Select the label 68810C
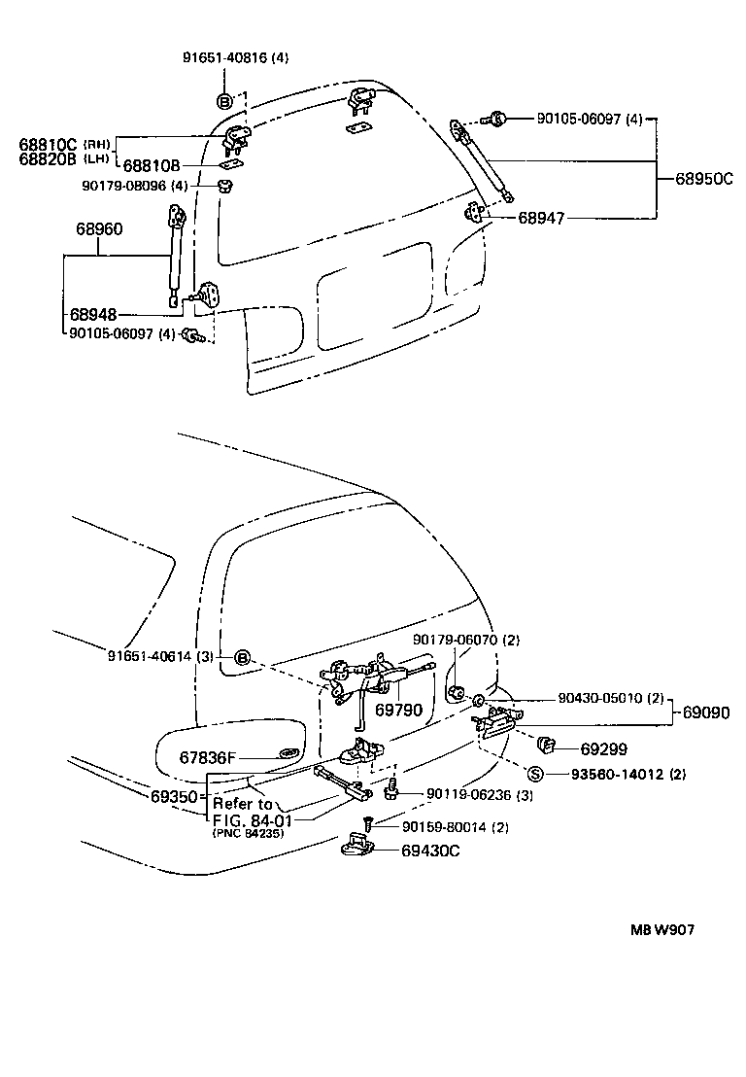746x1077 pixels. pos(47,145)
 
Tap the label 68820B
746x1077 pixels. pos(47,159)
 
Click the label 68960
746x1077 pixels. pos(99,230)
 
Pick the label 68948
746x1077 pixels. pos(93,315)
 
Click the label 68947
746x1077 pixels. pos(541,220)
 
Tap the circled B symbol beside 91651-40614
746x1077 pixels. pos(244,658)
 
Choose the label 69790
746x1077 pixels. pos(398,711)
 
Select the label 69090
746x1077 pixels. pos(706,712)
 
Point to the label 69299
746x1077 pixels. pos(603,748)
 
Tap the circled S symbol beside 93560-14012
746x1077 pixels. pos(534,774)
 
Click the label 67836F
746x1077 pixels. pos(207,755)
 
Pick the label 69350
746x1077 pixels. pos(175,796)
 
